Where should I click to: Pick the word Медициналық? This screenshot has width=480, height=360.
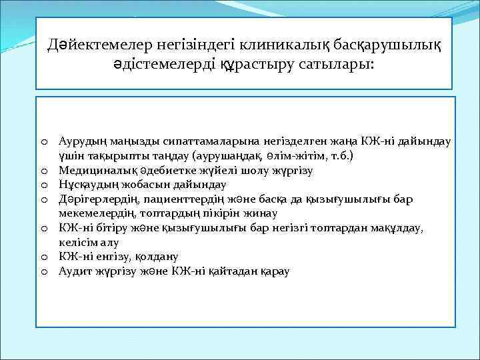(x=91, y=170)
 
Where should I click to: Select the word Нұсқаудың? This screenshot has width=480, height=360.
(x=84, y=184)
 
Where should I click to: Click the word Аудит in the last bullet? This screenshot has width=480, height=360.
(x=71, y=271)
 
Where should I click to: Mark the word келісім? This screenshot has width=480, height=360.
(x=78, y=243)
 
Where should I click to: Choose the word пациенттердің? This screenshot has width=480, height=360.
(x=194, y=198)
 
